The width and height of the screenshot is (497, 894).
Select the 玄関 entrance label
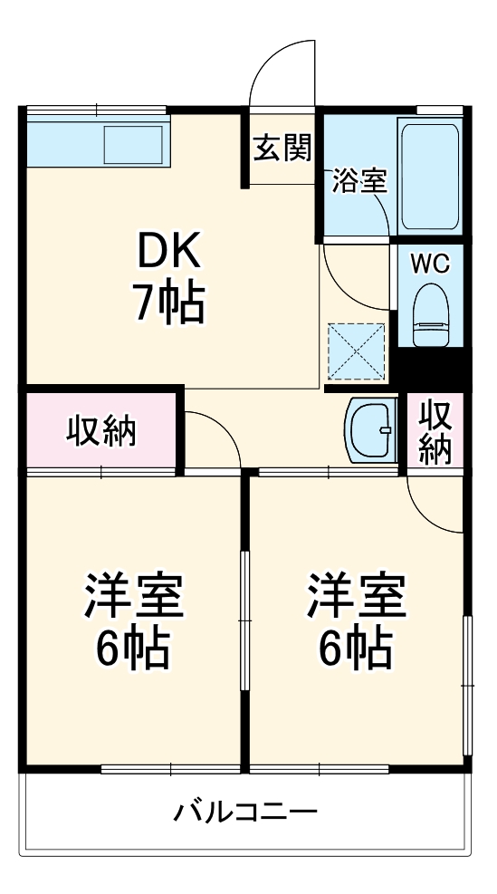click(281, 147)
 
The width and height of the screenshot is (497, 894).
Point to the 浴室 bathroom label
click(359, 180)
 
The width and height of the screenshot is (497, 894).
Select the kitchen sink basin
click(133, 143)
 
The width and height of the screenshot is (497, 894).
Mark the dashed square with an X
click(358, 351)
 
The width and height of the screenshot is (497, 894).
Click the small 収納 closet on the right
click(435, 431)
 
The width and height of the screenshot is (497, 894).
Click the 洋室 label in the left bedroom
click(135, 594)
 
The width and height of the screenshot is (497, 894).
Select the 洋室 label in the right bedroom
click(356, 594)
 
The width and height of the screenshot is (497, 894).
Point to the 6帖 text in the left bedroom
click(135, 646)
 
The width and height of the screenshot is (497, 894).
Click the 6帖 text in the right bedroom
click(356, 646)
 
